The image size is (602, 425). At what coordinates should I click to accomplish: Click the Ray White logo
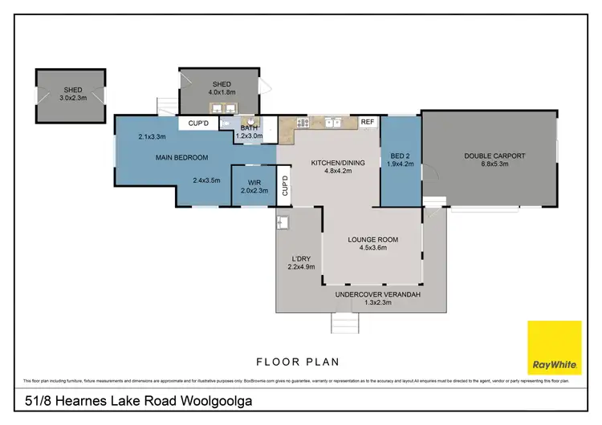coord(554,347)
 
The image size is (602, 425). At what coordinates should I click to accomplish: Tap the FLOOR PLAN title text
coord(300,361)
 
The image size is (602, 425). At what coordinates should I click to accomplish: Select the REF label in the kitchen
coord(368,122)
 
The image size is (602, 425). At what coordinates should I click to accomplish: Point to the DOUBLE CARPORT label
coord(494,156)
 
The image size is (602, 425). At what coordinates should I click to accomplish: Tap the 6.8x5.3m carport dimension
coord(494,164)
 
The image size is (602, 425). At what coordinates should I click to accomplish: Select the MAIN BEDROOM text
coord(182,157)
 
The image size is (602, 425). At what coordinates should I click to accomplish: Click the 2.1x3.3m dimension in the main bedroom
coord(152,137)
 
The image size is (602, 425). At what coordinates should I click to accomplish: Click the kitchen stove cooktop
coord(303,123)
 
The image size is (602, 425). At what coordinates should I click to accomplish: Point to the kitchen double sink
coord(333,123)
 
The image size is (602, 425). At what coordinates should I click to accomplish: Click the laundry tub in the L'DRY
coord(283,222)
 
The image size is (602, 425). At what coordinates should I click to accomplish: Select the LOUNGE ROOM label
coord(372,239)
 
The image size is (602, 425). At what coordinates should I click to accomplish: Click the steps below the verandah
coord(344,322)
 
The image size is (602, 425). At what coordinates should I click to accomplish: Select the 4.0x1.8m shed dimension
coord(222,93)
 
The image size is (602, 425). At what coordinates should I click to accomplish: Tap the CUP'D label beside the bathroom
coord(198,123)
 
